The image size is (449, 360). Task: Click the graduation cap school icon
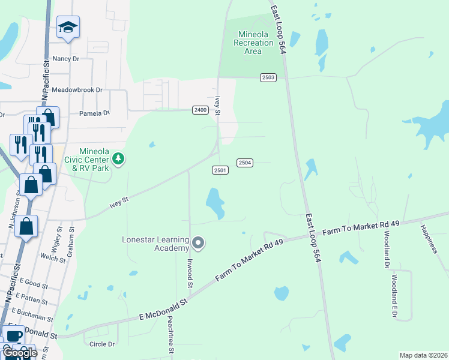(x=68, y=27)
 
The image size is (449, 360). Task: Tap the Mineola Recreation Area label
(x=256, y=42)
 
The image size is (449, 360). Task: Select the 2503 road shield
(x=268, y=77)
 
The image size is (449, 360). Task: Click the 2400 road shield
(x=200, y=109)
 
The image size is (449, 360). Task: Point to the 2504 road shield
(x=245, y=163)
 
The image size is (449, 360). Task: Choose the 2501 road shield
(x=220, y=170)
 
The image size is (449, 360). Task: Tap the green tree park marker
(x=119, y=158)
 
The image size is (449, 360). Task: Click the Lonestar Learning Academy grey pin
(x=199, y=243)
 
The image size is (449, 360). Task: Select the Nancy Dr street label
(x=66, y=59)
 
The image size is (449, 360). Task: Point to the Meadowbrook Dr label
(x=77, y=90)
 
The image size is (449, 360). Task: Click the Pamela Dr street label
(x=94, y=113)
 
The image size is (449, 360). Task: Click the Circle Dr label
(x=101, y=344)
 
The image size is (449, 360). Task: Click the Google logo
(x=20, y=353)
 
